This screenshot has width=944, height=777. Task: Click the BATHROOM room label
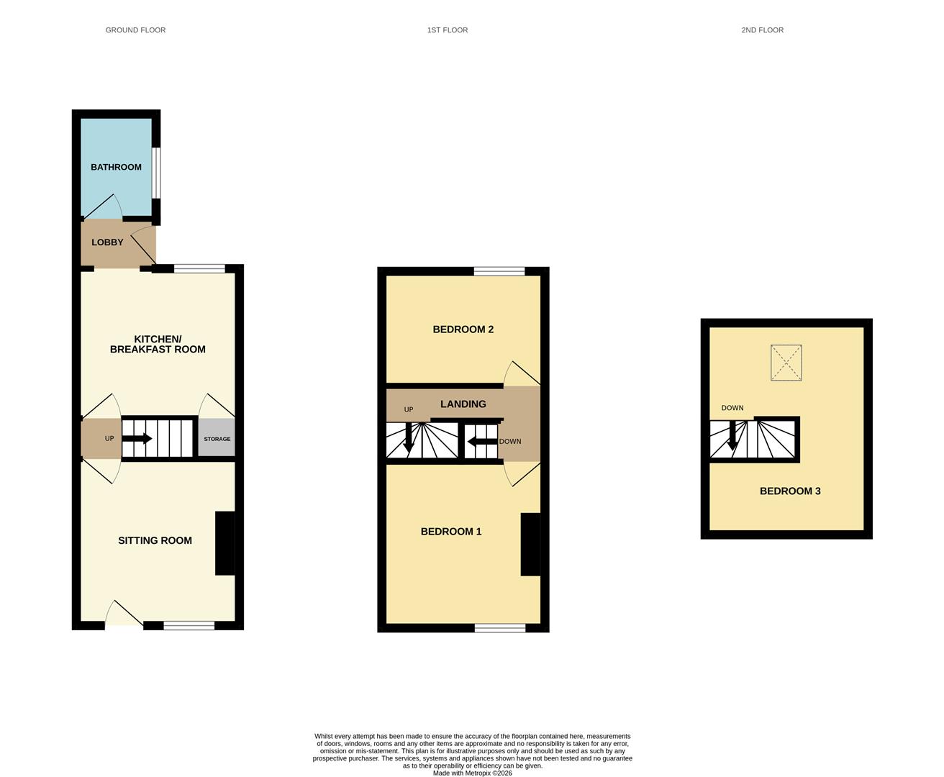coord(116,167)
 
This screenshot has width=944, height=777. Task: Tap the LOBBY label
coord(107,242)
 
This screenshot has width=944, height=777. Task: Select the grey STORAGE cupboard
coord(217,437)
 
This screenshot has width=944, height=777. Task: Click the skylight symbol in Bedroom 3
coord(786,363)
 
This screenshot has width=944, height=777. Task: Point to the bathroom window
coord(155,173)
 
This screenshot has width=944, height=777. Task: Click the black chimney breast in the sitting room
coord(225,543)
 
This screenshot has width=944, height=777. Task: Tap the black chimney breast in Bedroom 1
coord(530,544)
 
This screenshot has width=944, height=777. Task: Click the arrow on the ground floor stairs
coord(137,438)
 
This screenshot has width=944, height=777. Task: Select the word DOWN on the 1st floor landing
coord(510,441)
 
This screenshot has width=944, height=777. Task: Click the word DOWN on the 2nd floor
coord(732,408)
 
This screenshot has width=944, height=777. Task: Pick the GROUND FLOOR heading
coord(135,30)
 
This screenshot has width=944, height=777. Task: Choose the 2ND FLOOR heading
coord(763,30)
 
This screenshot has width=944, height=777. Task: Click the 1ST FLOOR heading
coord(448,30)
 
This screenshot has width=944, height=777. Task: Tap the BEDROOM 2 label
coord(463,330)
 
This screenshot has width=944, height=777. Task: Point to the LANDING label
coord(463,404)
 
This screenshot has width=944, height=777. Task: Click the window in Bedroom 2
coord(499,271)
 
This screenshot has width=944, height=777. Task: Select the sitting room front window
coord(189,625)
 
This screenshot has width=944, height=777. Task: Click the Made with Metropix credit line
coord(473,773)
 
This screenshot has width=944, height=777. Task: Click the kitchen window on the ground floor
coord(199,268)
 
